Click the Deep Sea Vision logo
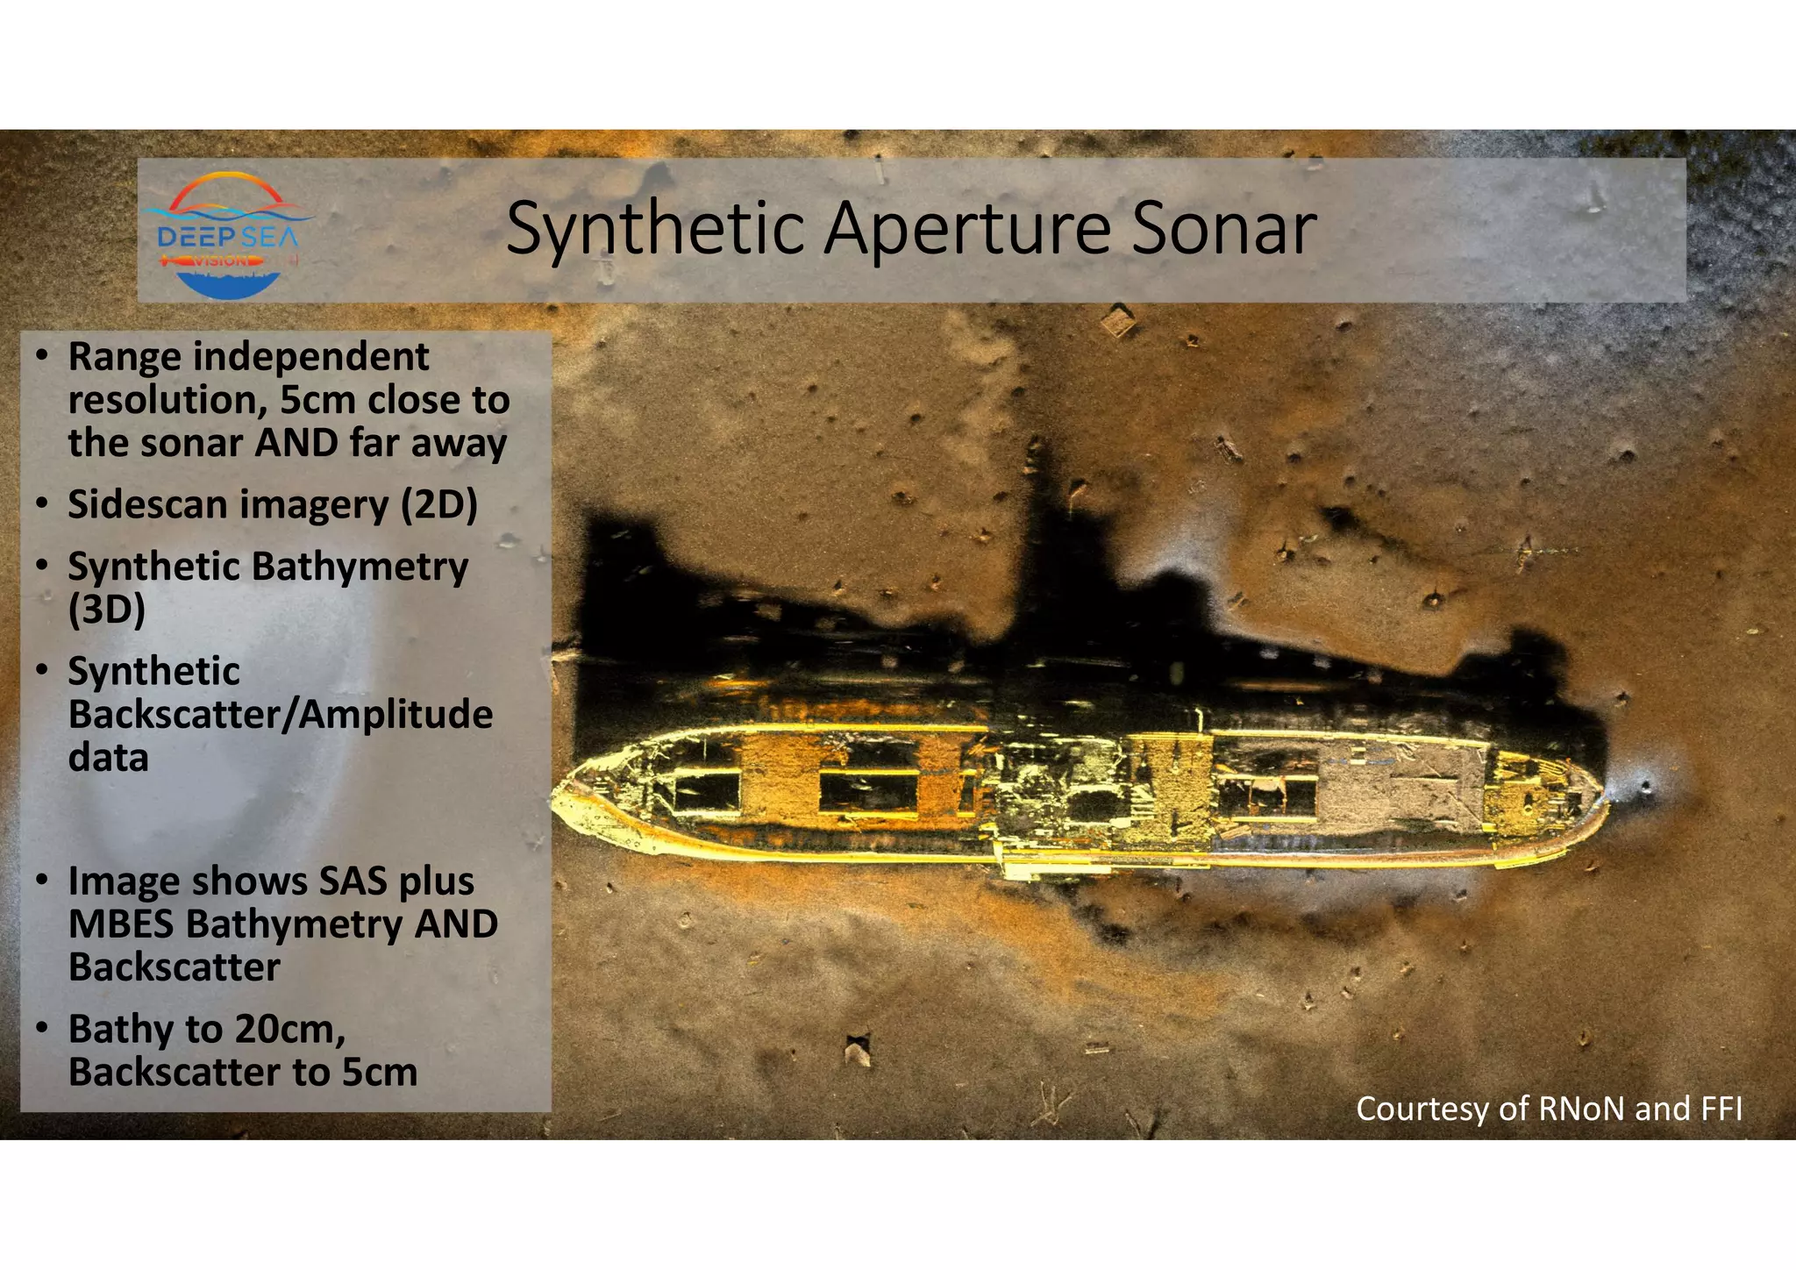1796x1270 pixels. click(x=227, y=235)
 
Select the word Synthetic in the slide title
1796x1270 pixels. click(x=655, y=230)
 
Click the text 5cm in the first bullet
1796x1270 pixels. click(x=318, y=401)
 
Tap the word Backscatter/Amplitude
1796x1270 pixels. click(x=281, y=715)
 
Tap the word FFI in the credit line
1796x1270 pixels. click(x=1721, y=1109)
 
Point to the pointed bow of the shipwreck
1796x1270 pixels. click(x=561, y=794)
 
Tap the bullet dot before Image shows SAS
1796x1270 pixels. click(x=41, y=881)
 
